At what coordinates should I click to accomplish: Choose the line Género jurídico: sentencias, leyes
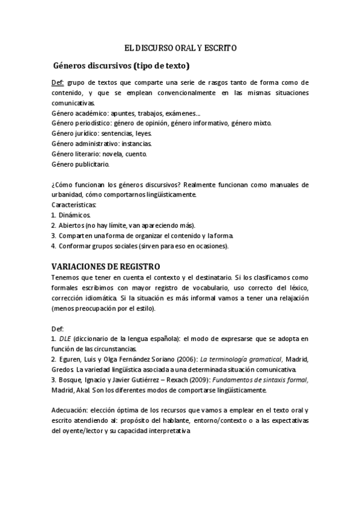tap(102, 133)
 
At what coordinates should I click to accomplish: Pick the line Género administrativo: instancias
tap(102, 143)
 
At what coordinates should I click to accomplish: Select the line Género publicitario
tap(81, 164)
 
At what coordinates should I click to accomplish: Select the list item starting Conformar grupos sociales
tap(139, 245)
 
